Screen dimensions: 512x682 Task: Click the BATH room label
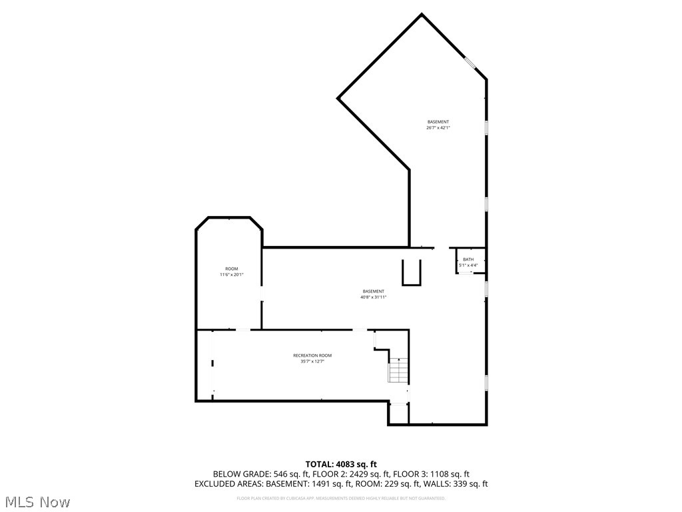click(x=469, y=259)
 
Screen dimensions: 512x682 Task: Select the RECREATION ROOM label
click(x=312, y=355)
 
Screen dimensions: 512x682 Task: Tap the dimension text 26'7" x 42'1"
click(x=438, y=127)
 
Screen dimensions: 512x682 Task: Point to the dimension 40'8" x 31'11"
click(x=374, y=297)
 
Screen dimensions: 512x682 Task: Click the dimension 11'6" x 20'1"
click(x=232, y=275)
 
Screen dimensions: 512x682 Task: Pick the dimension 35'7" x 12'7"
click(x=312, y=361)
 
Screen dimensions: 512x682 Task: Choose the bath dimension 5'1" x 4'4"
click(x=469, y=265)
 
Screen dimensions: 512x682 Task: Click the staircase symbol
click(x=398, y=370)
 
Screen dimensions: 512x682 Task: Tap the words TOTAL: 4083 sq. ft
click(x=341, y=464)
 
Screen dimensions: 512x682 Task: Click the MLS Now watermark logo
click(x=37, y=501)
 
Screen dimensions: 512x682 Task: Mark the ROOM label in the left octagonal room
click(x=232, y=269)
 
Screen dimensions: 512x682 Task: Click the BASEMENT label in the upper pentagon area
click(x=438, y=121)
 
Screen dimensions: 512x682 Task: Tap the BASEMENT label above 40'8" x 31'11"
click(x=374, y=291)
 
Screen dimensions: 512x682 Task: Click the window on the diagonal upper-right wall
click(x=470, y=63)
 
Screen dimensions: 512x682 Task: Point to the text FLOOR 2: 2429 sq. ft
click(x=346, y=474)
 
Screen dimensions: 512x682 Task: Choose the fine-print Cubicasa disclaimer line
click(x=341, y=498)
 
